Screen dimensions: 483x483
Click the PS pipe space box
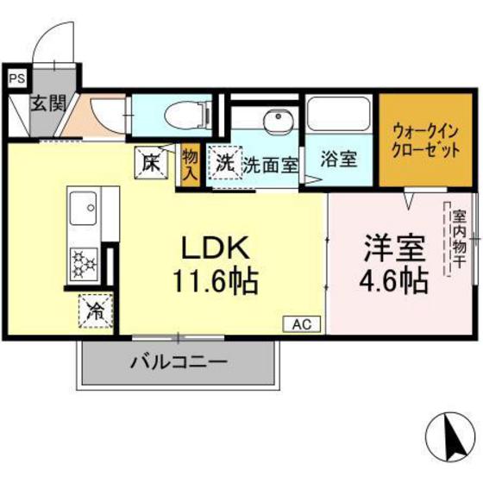click(x=17, y=78)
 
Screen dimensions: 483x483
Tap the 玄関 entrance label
click(x=48, y=103)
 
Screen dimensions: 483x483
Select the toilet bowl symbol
click(x=187, y=116)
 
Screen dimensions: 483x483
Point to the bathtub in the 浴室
click(x=338, y=114)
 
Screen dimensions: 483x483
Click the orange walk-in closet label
click(x=425, y=141)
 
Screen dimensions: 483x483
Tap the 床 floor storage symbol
click(x=151, y=163)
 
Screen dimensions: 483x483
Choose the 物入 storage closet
click(x=190, y=166)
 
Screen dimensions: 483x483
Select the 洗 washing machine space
click(x=224, y=163)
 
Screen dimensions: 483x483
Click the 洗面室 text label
click(x=271, y=165)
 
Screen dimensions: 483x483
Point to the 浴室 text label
click(x=339, y=159)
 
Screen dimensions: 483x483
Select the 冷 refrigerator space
click(x=96, y=311)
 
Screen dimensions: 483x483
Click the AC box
click(x=302, y=324)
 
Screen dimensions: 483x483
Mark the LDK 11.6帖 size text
click(x=216, y=265)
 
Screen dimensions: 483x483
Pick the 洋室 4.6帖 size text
click(x=394, y=265)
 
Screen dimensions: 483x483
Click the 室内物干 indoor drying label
click(x=456, y=239)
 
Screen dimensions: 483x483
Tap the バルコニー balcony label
click(x=179, y=361)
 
